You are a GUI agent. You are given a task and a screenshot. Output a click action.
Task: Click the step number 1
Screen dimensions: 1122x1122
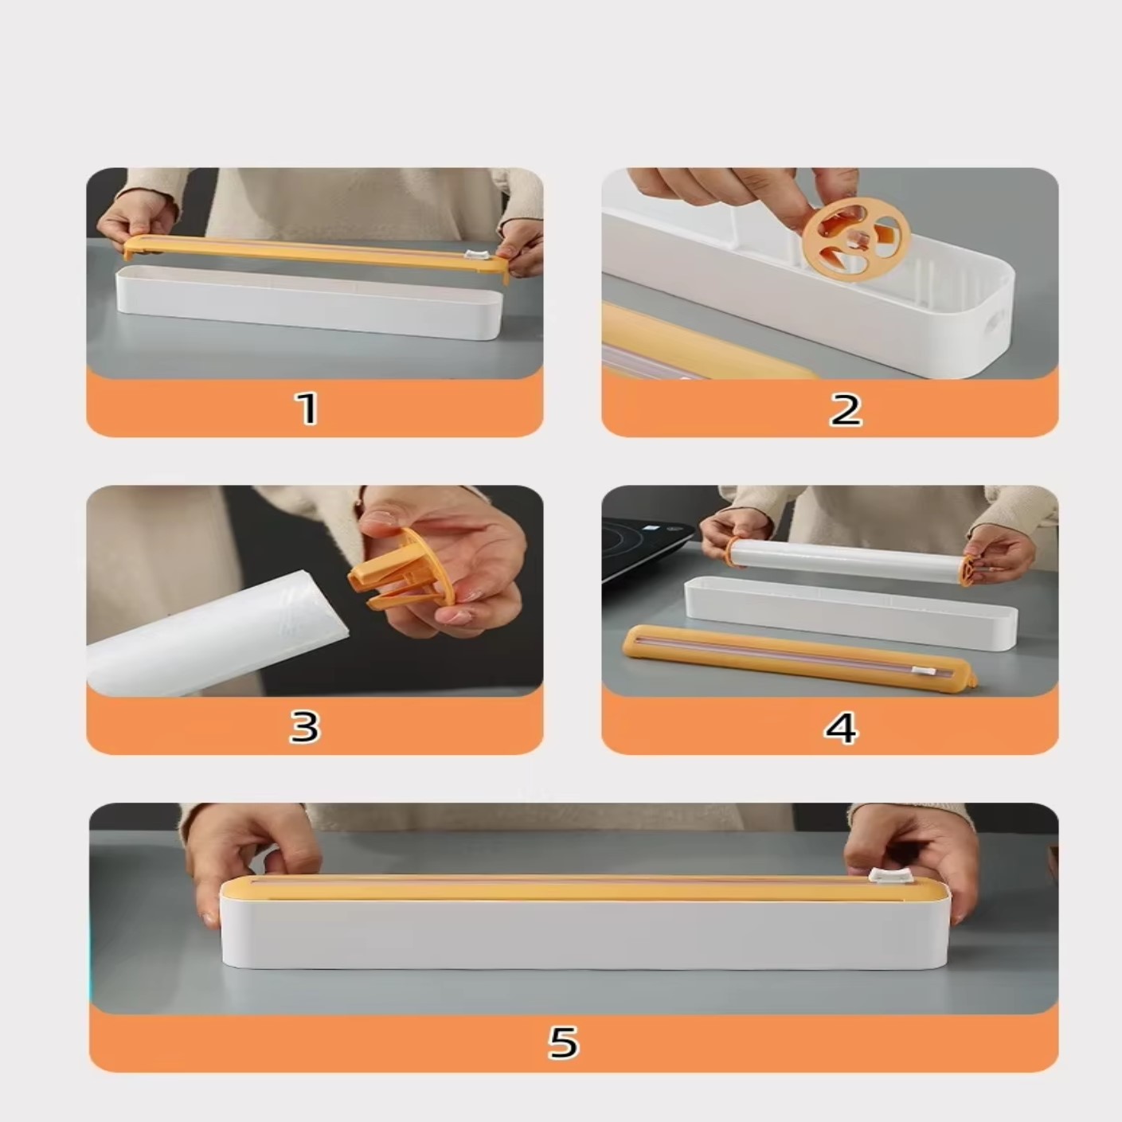[307, 409]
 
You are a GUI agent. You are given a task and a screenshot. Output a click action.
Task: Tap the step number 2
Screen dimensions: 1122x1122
[846, 410]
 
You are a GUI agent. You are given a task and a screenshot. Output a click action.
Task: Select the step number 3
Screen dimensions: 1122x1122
[304, 726]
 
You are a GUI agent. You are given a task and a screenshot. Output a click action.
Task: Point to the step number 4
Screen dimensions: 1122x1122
[841, 727]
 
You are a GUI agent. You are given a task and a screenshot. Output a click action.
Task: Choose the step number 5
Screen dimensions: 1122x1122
[563, 1043]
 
